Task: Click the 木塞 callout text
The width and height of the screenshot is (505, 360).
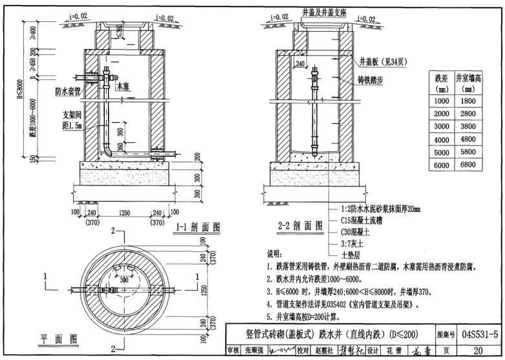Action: pos(122,85)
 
